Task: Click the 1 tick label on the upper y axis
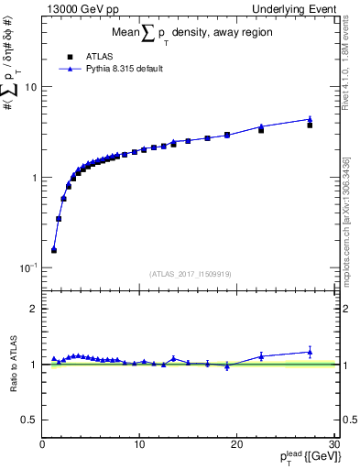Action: [33, 177]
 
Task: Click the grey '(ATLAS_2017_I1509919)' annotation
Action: [189, 272]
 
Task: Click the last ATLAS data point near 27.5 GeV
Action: [310, 125]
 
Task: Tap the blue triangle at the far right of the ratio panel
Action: [310, 352]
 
